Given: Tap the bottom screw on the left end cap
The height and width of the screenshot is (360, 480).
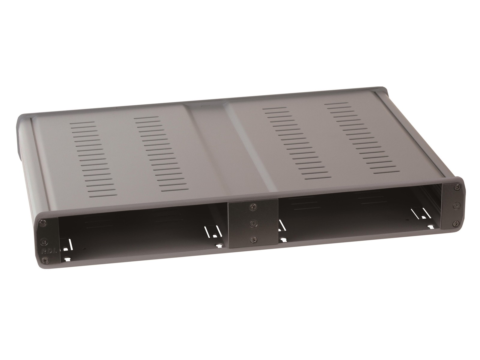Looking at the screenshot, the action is [x=45, y=260].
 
